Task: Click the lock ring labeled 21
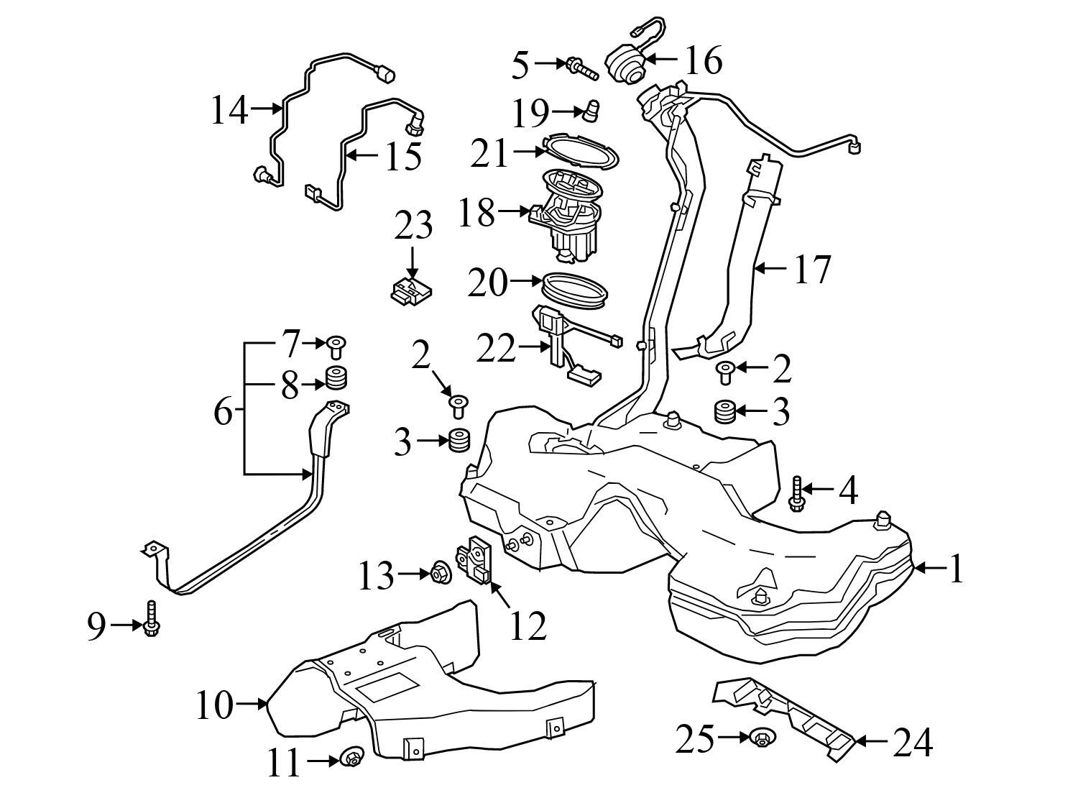point(580,150)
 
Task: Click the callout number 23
point(413,225)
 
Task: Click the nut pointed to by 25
point(760,737)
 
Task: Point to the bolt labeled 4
point(796,493)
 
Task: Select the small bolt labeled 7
point(336,347)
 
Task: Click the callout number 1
point(955,569)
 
